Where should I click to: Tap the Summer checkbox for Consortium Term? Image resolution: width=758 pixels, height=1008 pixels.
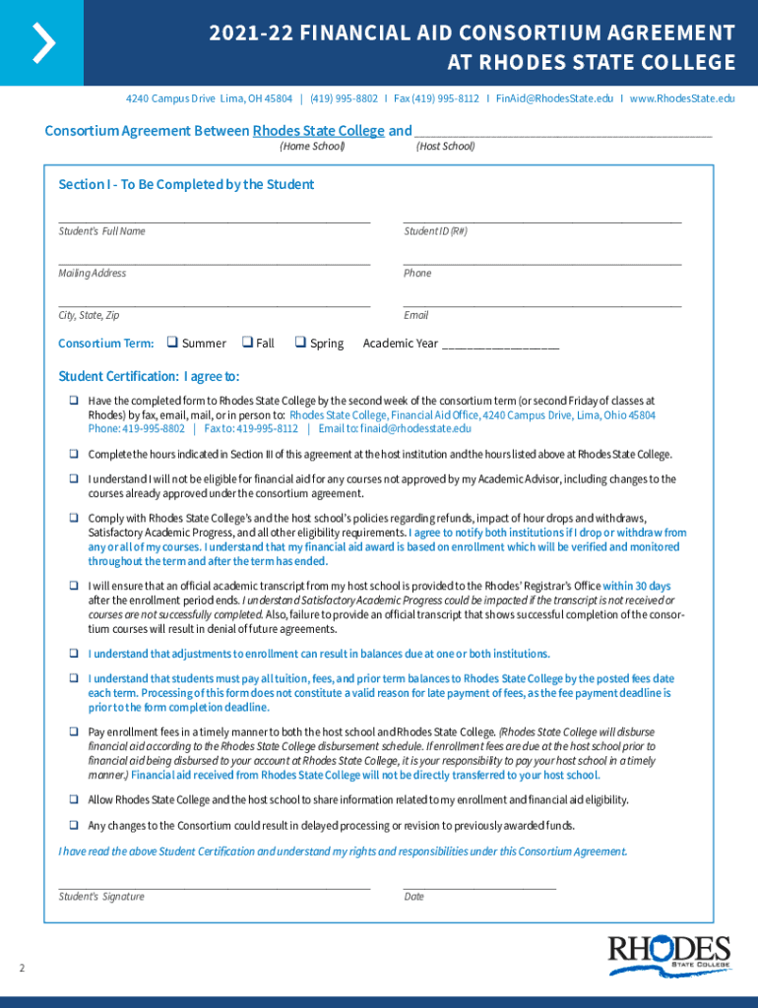click(171, 343)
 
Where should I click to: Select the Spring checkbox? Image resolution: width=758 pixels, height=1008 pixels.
click(300, 343)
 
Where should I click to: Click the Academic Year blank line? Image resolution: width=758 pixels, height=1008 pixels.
click(501, 346)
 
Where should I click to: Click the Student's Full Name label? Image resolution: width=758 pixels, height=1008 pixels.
click(101, 231)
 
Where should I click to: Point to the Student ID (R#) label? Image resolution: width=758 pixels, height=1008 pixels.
click(435, 231)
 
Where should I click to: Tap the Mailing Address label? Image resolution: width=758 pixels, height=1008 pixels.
click(92, 273)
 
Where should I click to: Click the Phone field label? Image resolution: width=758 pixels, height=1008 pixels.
click(417, 273)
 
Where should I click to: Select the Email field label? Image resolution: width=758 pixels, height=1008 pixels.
click(415, 315)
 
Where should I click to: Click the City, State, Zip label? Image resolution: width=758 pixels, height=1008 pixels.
click(89, 315)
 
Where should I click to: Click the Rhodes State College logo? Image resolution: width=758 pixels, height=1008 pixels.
click(669, 955)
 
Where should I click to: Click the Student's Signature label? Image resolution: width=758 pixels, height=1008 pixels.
click(101, 896)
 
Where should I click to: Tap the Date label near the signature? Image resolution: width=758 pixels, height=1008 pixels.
click(413, 896)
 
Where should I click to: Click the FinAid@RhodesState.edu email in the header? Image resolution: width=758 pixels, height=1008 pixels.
click(554, 98)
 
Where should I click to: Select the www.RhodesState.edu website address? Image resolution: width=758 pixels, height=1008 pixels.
click(681, 98)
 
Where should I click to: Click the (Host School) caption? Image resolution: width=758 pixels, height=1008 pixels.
click(445, 147)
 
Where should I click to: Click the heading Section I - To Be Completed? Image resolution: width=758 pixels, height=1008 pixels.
click(186, 184)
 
